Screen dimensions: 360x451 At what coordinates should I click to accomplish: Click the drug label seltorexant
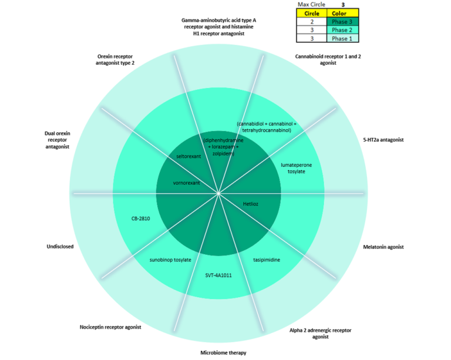tap(189, 157)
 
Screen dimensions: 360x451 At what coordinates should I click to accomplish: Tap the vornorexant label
tap(187, 183)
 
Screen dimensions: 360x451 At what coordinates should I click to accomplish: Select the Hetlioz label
tap(251, 204)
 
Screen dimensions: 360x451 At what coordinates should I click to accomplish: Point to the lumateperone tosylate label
tap(296, 168)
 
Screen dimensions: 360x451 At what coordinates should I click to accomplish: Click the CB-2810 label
tap(141, 218)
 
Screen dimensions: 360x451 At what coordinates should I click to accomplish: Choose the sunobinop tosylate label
tap(170, 259)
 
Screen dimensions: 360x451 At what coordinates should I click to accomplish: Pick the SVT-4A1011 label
tap(218, 275)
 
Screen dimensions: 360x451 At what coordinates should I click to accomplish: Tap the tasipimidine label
tap(266, 259)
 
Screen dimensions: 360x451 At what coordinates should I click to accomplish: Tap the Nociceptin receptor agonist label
tap(110, 327)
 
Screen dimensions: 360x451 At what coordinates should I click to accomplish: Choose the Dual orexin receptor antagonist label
tap(57, 140)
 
